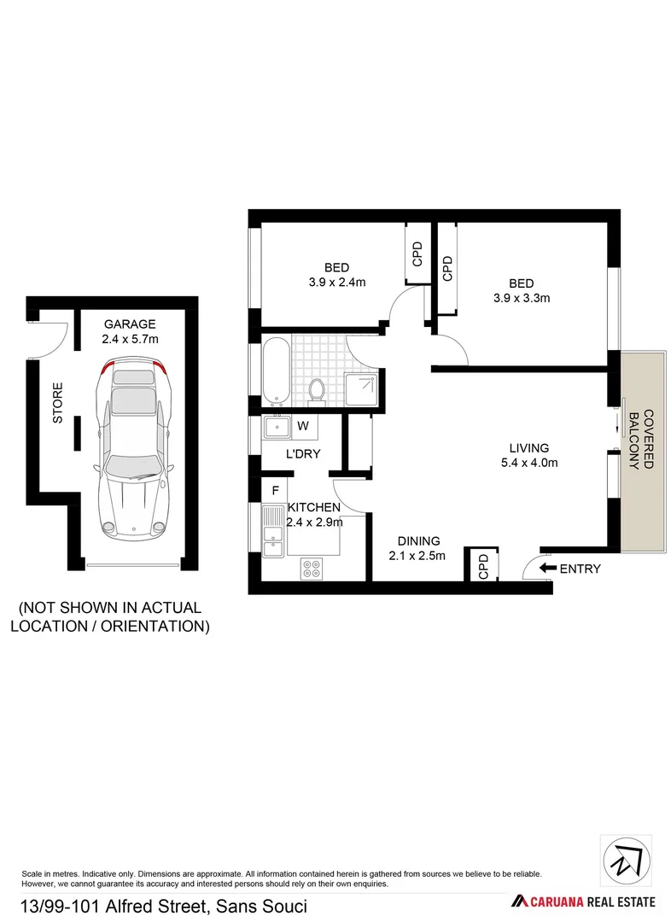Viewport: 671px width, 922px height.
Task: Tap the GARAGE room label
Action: pos(130,324)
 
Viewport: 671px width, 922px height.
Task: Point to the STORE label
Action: pos(58,407)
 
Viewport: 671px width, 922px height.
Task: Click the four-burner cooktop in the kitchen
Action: pos(311,568)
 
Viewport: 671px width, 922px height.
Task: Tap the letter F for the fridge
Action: pos(274,490)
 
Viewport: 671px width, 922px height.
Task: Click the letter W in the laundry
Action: pos(303,425)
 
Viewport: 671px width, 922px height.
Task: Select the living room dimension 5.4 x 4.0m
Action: pos(528,463)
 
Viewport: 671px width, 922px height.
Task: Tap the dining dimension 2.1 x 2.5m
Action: pos(418,557)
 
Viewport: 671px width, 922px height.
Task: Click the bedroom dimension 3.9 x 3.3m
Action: pos(521,298)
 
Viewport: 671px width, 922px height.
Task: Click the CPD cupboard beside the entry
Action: pos(481,567)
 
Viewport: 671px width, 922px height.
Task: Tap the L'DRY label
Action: pos(302,453)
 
